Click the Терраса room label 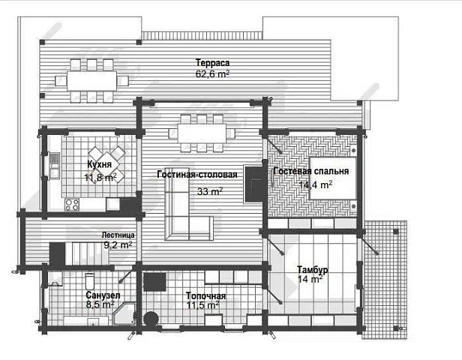pyautogui.click(x=212, y=63)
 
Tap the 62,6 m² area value pyautogui.click(x=212, y=73)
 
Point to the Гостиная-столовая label pyautogui.click(x=197, y=175)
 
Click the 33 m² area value pyautogui.click(x=209, y=191)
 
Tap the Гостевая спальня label pyautogui.click(x=311, y=171)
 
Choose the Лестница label pyautogui.click(x=118, y=235)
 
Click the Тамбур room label pyautogui.click(x=312, y=269)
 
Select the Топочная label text pyautogui.click(x=206, y=295)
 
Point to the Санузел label pyautogui.click(x=103, y=295)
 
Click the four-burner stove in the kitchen pyautogui.click(x=72, y=205)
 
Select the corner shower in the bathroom pyautogui.click(x=124, y=313)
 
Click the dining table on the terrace pyautogui.click(x=91, y=80)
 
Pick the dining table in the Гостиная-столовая pyautogui.click(x=202, y=133)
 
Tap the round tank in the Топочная pyautogui.click(x=151, y=319)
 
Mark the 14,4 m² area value pyautogui.click(x=316, y=184)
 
